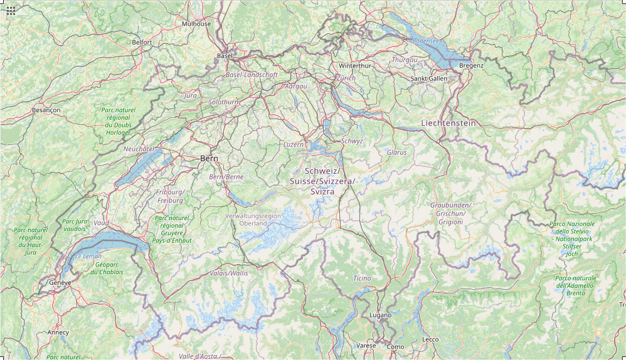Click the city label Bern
209,159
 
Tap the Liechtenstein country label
448,123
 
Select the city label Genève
61,283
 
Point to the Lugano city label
380,315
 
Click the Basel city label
225,56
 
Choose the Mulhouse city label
196,24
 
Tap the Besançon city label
46,110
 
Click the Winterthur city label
355,66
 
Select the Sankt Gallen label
429,78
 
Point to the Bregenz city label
471,65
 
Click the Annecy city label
58,332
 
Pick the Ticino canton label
362,278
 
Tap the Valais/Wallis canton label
230,273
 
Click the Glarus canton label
396,152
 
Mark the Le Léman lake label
88,257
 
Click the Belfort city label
142,42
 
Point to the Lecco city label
430,339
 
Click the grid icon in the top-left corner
11,11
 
